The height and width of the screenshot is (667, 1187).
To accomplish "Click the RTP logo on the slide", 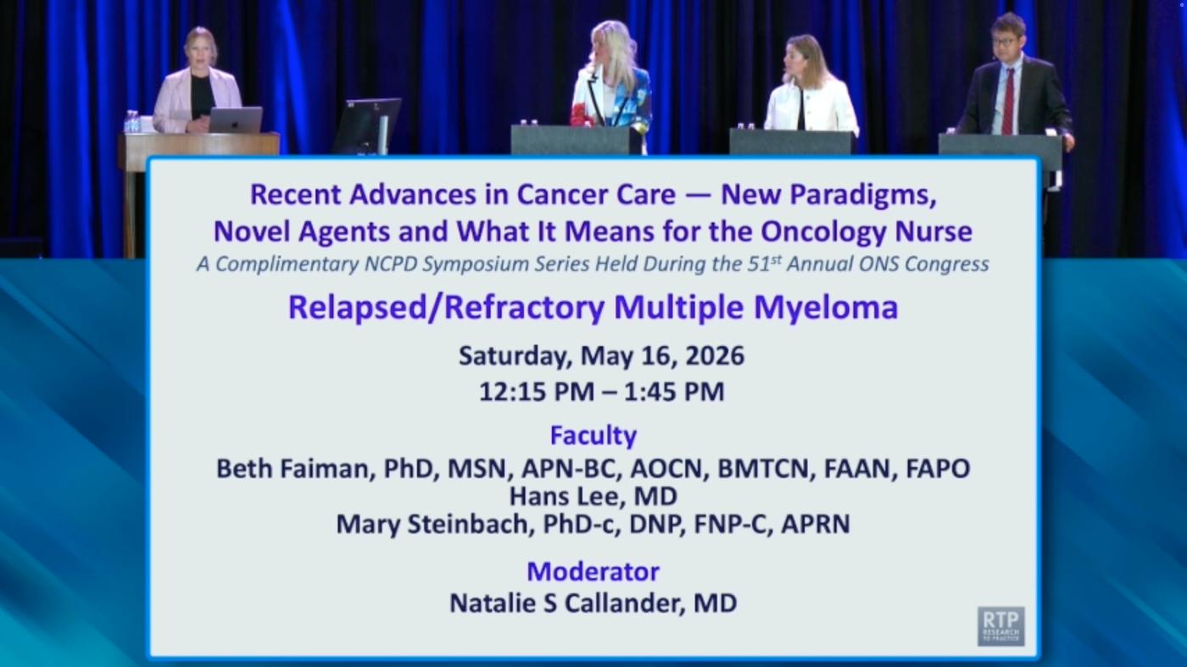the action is coord(1001,626).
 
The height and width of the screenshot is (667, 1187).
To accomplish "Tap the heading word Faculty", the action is coord(593,436).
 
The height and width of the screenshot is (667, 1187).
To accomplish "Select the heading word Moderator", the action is coord(593,571).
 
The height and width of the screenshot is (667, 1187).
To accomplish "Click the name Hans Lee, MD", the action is coord(593,497).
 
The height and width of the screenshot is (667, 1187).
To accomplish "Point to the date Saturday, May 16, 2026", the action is coord(601,356).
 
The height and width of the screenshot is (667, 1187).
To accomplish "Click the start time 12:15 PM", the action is coord(537,392).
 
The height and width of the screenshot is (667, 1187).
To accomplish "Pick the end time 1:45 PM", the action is coord(674,392).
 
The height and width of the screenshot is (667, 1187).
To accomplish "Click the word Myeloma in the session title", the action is coord(826,308).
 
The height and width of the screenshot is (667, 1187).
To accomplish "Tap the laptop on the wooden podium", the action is coord(236,120).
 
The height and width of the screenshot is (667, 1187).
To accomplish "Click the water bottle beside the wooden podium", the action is coord(132,121).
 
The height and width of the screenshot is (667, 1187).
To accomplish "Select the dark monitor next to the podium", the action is coord(366,125).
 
